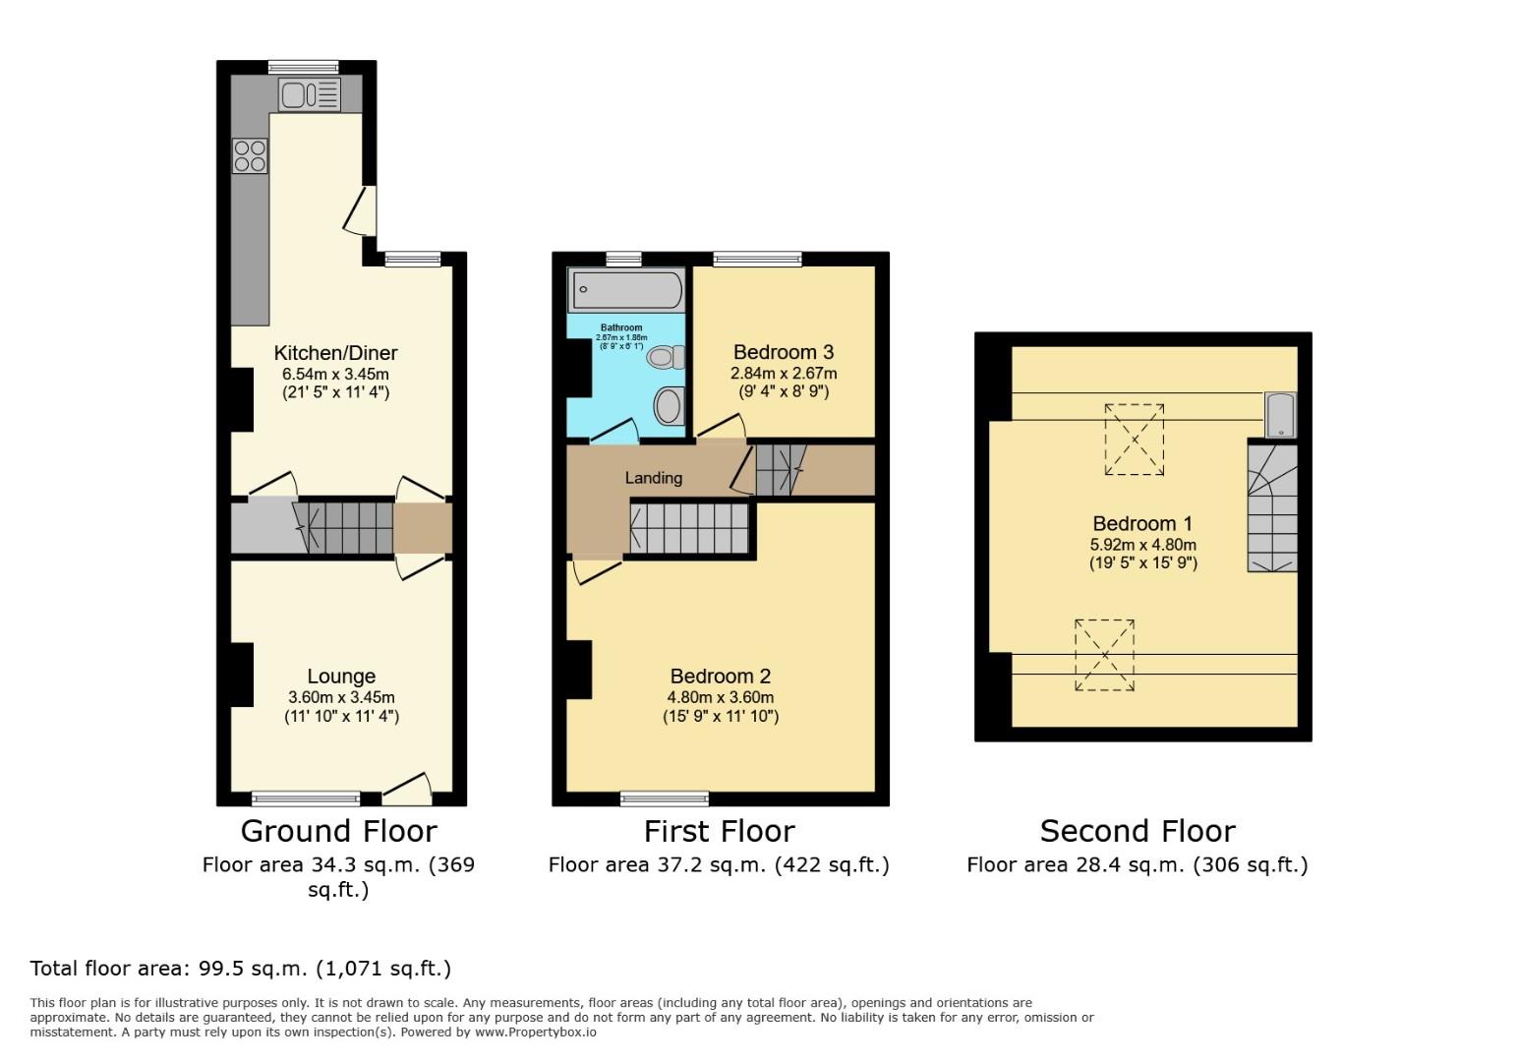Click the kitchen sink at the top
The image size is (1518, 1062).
pos(309,95)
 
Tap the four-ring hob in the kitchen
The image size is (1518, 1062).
pos(250,156)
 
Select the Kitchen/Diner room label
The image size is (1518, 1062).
pos(335,353)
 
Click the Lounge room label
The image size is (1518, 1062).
pos(341,677)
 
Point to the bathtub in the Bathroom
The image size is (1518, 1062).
pos(626,290)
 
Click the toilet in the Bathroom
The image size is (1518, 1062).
pos(666,357)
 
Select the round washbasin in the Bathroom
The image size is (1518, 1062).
pos(669,406)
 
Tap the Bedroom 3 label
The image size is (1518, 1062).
pos(783,352)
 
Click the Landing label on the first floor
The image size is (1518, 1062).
pos(653,478)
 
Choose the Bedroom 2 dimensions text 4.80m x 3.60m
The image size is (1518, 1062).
pos(720,697)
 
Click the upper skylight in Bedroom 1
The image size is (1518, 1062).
pos(1134,440)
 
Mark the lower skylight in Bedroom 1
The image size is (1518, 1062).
pos(1104,655)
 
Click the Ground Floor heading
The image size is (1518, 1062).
pos(338,831)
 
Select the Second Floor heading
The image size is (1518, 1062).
pos(1137,831)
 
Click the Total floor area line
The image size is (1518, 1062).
pos(241,968)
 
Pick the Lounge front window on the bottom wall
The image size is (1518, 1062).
pos(305,797)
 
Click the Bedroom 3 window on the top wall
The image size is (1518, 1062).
pos(756,260)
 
